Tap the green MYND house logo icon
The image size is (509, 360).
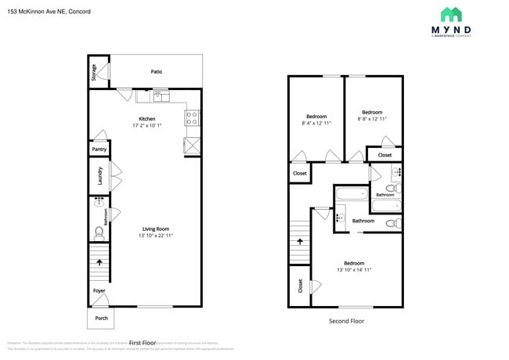450,14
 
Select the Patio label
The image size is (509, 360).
157,72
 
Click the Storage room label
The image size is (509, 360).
94,73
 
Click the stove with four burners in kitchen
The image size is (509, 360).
192,118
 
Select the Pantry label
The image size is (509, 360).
99,149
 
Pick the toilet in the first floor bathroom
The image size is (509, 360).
99,233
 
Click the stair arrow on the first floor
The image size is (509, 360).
99,262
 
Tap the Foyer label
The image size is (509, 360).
99,291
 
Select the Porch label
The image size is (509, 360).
101,319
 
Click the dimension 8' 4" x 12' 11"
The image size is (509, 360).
316,123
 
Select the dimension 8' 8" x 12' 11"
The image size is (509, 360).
372,119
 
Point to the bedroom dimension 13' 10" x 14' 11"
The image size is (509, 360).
354,270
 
